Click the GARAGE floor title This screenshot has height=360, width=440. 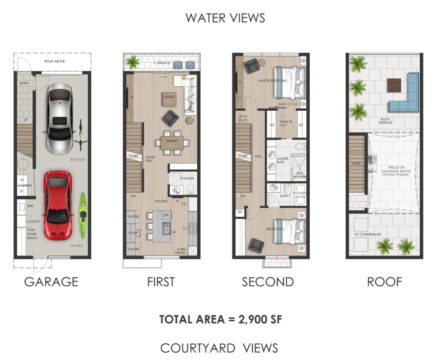pyautogui.click(x=51, y=282)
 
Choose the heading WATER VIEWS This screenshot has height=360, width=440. pyautogui.click(x=225, y=18)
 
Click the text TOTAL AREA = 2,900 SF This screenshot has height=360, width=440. pyautogui.click(x=220, y=319)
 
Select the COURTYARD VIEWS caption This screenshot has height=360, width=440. pyautogui.click(x=219, y=348)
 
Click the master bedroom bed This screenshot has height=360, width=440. pyautogui.click(x=289, y=82)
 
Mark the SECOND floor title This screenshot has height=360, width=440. pyautogui.click(x=268, y=282)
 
